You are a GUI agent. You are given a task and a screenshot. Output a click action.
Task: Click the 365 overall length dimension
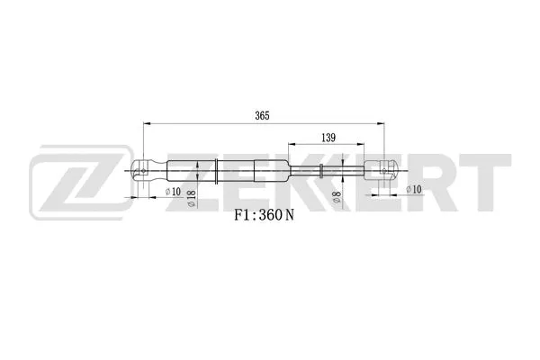point(262,116)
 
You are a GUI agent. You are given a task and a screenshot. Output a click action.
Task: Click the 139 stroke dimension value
point(328,138)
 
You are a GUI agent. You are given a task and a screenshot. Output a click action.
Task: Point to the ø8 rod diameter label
point(335,198)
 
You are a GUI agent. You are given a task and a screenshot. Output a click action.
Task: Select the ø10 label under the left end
point(172,191)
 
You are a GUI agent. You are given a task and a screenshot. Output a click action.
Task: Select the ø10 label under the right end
point(413,189)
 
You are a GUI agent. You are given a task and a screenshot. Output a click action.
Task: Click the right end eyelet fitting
point(384,168)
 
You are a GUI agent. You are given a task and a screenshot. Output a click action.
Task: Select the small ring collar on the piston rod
point(321,169)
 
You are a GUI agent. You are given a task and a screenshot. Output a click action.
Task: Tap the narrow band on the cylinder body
point(216,169)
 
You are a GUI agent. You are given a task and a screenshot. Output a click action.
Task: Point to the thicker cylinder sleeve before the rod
point(271,169)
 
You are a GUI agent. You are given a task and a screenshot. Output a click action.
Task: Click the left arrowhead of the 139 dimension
point(291,145)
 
